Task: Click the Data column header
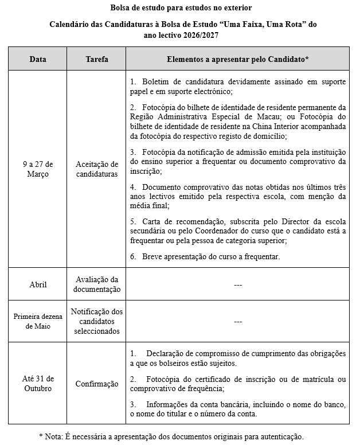click(x=38, y=59)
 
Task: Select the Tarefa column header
click(x=96, y=59)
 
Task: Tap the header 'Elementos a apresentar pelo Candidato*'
click(x=238, y=59)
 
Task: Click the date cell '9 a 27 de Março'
click(x=38, y=169)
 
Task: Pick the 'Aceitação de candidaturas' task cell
click(x=96, y=169)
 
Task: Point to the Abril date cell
click(x=38, y=284)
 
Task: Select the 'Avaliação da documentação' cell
click(x=96, y=284)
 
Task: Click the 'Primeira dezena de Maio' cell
click(x=38, y=322)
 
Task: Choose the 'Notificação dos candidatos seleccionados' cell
click(x=96, y=322)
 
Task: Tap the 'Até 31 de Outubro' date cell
click(x=38, y=384)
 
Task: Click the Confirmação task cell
click(x=96, y=384)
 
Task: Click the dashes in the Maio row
click(x=238, y=322)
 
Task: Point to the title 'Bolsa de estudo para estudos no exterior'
click(x=181, y=7)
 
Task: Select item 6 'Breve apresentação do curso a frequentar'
click(x=210, y=256)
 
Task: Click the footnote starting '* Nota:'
click(x=171, y=436)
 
